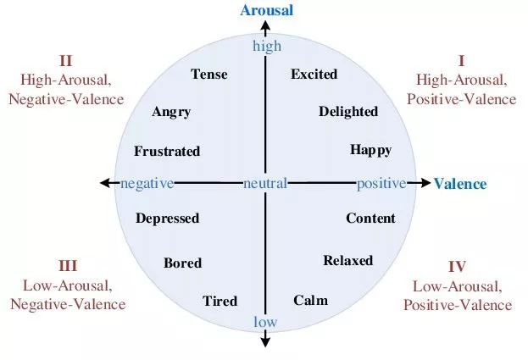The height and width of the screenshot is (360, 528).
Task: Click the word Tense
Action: point(209,75)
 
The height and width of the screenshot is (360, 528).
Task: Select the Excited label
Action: point(314,75)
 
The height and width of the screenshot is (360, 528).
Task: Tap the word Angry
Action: point(171,113)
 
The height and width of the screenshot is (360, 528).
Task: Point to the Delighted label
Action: point(348,112)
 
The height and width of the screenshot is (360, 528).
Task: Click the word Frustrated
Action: point(167,152)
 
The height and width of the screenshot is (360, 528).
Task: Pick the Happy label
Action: point(370,150)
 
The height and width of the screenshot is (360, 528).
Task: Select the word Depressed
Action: point(167,219)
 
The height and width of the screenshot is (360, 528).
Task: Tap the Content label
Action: point(370,219)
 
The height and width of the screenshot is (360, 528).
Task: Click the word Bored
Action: point(182,263)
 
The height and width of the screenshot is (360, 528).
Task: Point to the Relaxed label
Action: point(347,261)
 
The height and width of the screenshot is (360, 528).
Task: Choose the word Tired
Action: point(220,301)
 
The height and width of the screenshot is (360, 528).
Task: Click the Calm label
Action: point(310,301)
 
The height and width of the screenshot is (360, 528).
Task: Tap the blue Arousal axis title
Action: point(266,10)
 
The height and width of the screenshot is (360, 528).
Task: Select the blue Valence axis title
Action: point(460,184)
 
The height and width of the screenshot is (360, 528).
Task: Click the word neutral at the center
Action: point(265,184)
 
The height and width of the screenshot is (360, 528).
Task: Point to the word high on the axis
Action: point(266,46)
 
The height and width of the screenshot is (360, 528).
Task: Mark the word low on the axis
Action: point(265,321)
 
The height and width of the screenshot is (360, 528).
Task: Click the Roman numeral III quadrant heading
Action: point(68,266)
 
